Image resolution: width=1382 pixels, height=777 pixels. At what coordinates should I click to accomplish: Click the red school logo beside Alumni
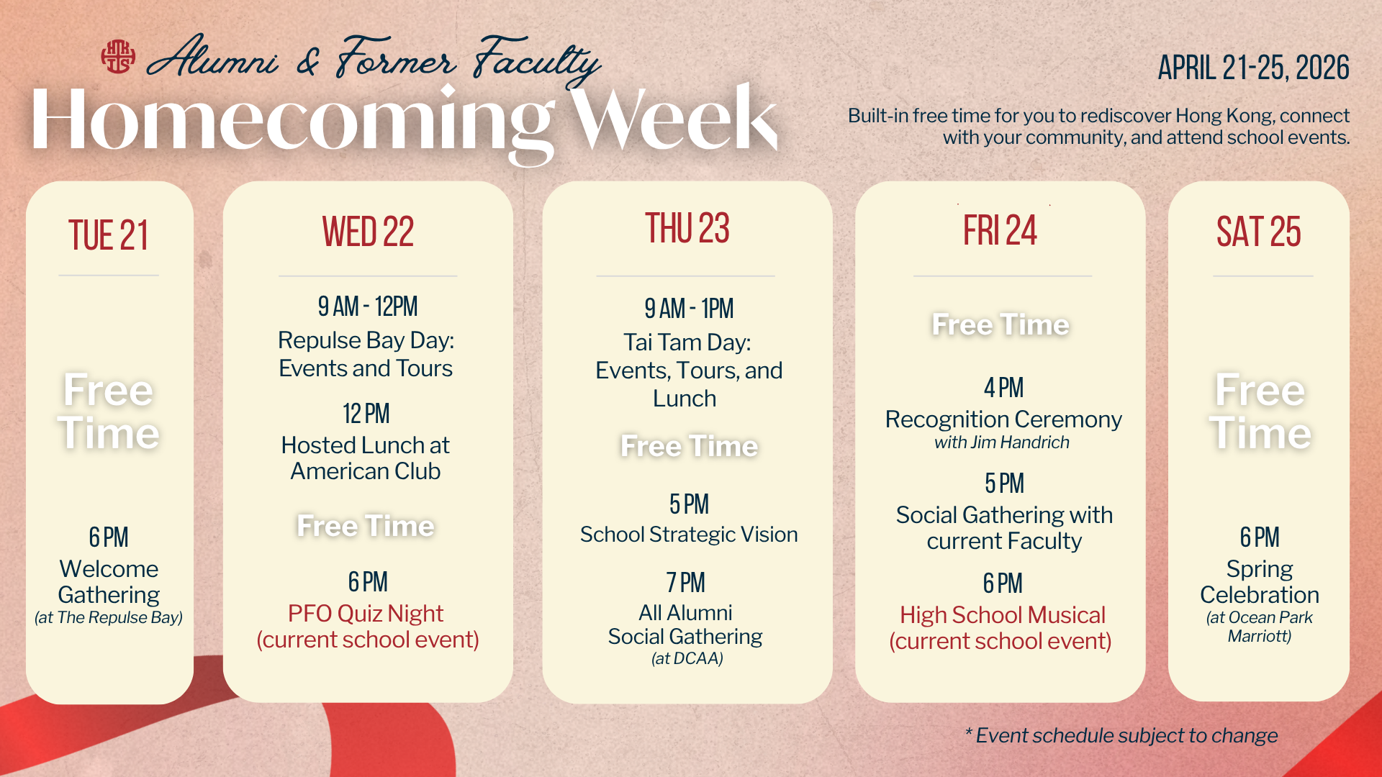click(x=118, y=57)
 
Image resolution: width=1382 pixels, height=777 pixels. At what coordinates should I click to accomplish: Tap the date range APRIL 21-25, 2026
click(x=1253, y=68)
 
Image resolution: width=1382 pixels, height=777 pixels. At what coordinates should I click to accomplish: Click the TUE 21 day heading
click(x=109, y=235)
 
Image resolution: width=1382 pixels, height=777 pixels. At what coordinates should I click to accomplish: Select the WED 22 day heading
click(x=368, y=232)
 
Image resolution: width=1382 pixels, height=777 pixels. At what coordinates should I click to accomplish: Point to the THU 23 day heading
click(x=687, y=228)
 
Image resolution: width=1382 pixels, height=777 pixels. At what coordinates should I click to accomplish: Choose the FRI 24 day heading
click(x=1001, y=230)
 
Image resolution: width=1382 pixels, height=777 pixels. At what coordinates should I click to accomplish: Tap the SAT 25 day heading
click(x=1259, y=232)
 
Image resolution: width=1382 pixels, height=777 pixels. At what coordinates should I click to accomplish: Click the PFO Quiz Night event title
click(x=366, y=614)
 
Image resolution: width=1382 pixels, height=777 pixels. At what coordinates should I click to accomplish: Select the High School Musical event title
click(x=1003, y=615)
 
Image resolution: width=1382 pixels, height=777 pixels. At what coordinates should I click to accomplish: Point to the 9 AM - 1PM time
click(x=689, y=309)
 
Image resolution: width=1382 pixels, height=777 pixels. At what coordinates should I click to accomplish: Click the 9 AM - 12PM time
click(x=368, y=306)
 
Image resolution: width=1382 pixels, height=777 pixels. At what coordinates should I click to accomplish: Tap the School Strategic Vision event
click(x=689, y=535)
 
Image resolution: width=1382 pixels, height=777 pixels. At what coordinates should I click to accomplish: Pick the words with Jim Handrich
click(x=1002, y=442)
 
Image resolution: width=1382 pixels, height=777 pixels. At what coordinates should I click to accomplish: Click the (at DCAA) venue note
click(x=687, y=658)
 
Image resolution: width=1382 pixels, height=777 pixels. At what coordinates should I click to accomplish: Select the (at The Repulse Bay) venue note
click(x=109, y=617)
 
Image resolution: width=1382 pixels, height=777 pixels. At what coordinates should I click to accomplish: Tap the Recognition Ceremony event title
click(x=1003, y=419)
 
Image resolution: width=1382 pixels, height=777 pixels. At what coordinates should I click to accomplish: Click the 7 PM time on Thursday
click(x=686, y=583)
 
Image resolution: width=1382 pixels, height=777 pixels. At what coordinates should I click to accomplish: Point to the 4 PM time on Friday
click(x=1004, y=388)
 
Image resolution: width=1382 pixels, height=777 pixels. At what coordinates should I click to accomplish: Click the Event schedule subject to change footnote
click(x=1121, y=735)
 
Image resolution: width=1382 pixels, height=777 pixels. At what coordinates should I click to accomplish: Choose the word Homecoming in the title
click(x=293, y=120)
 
